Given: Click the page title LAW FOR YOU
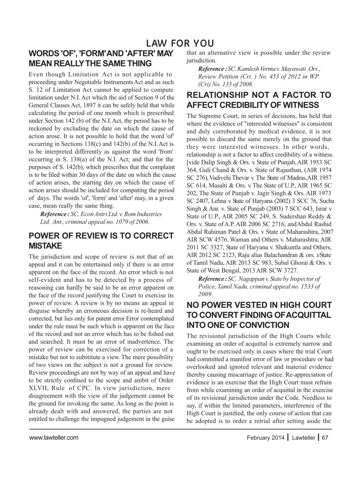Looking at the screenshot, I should coord(180,43).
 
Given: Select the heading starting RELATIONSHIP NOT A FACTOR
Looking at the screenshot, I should coord(259,100).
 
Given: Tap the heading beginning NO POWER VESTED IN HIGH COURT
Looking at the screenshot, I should coord(259,315).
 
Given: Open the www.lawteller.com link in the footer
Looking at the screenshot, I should coord(54,438).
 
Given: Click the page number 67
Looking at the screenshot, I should coord(325,438).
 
